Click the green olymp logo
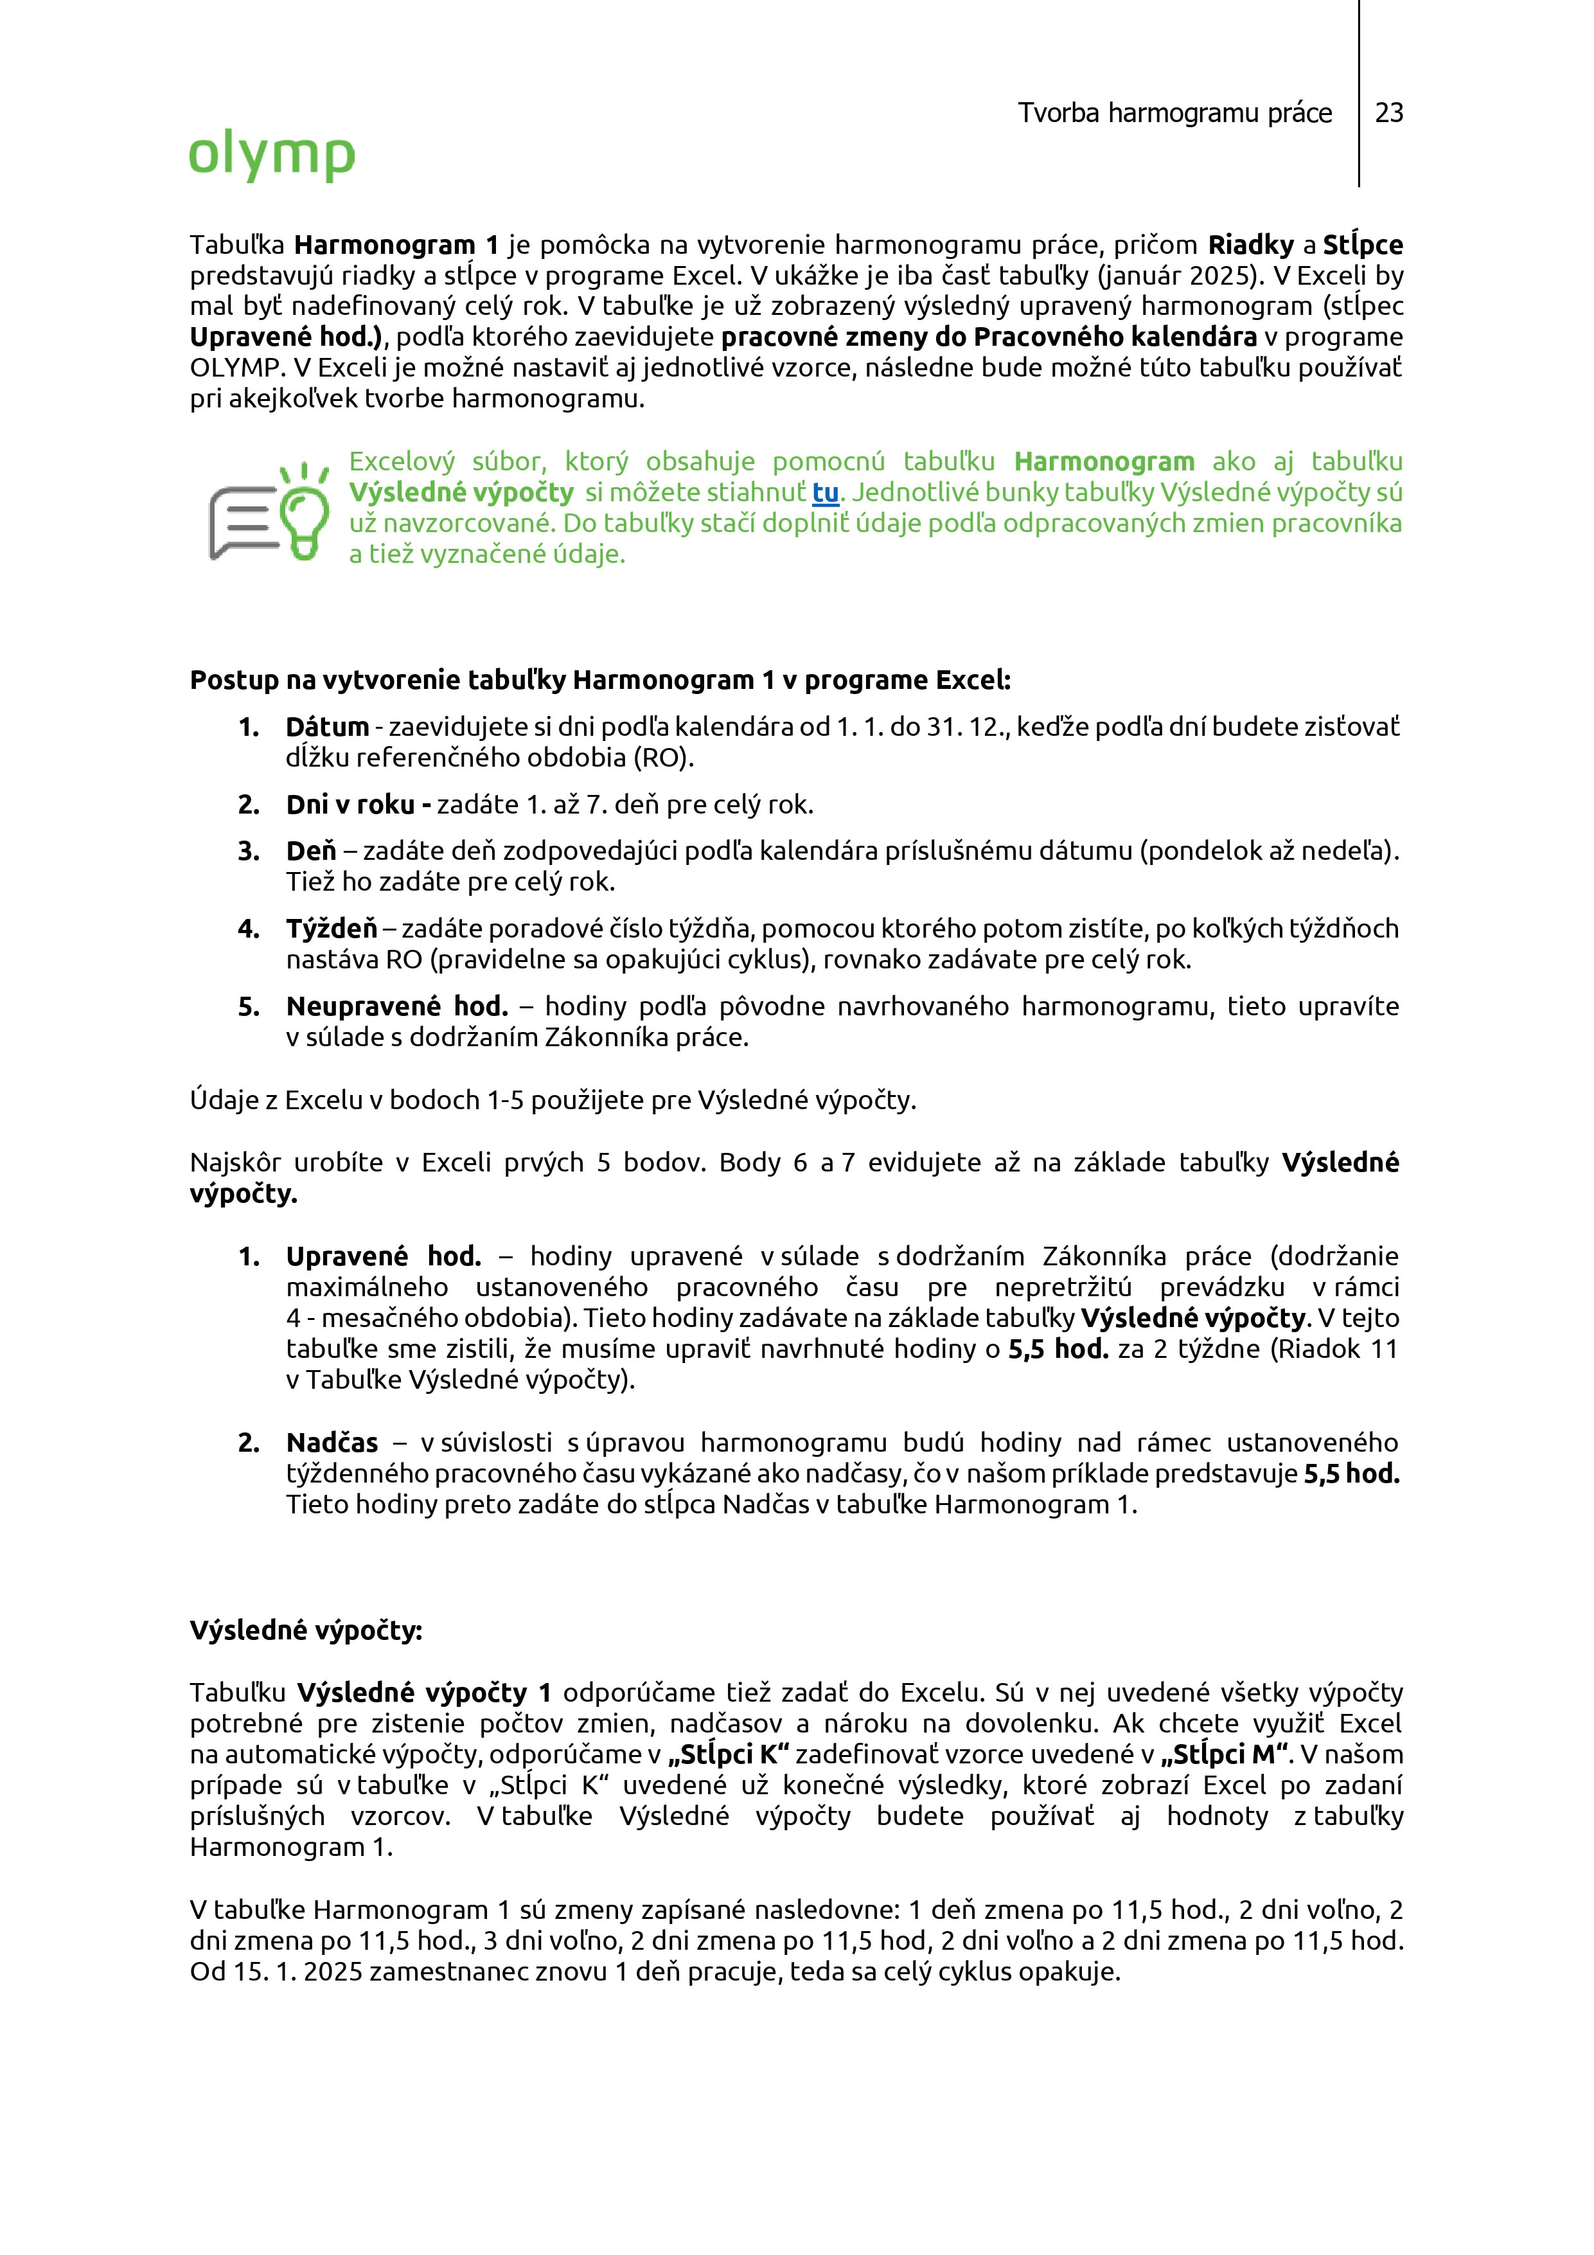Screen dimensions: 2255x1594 point(271,155)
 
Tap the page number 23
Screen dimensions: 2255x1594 point(1389,113)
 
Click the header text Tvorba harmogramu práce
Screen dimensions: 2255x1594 point(1174,113)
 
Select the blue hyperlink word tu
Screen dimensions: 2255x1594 point(825,492)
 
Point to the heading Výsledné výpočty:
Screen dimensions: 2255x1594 point(305,1630)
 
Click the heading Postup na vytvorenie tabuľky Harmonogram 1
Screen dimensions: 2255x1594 point(599,680)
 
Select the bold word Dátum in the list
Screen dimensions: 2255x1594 point(327,727)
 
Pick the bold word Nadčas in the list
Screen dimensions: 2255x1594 point(332,1443)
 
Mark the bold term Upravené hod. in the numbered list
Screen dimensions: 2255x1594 point(383,1256)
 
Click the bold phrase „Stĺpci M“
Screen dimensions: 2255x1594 point(1225,1754)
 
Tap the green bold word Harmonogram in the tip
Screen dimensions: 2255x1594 point(1104,461)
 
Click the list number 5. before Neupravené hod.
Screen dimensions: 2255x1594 point(249,1007)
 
